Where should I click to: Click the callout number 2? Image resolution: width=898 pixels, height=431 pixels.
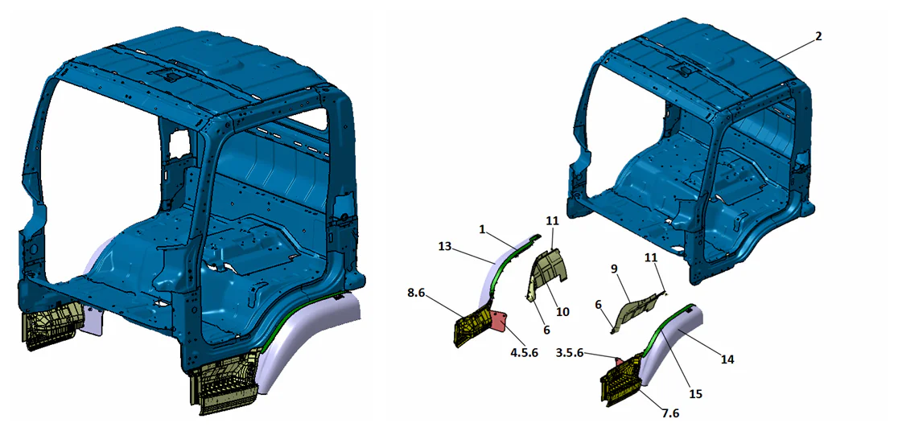[818, 35]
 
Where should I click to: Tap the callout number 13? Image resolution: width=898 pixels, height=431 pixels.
[446, 246]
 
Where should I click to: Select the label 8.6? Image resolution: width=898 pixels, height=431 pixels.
[416, 292]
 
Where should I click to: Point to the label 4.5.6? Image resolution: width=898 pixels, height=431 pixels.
[524, 352]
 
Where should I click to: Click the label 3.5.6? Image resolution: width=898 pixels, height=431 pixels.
[571, 353]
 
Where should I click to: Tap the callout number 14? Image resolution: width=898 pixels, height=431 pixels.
[727, 359]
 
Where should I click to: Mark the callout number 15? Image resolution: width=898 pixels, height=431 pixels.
[695, 394]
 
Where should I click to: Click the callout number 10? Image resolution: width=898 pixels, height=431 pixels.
[563, 312]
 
